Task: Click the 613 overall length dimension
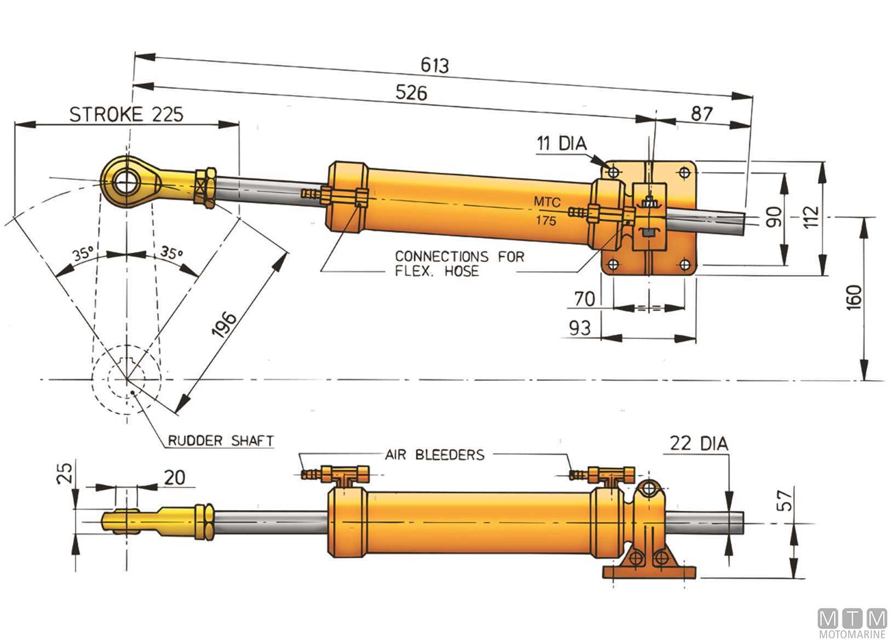click(x=435, y=65)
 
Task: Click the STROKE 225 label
click(x=127, y=115)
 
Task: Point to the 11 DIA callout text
click(x=561, y=144)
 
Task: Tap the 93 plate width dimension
click(x=580, y=328)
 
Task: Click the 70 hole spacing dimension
click(x=584, y=299)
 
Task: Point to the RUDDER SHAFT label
click(x=220, y=440)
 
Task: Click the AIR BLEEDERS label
click(x=435, y=454)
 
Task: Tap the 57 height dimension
click(x=786, y=500)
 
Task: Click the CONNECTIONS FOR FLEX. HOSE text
click(x=459, y=264)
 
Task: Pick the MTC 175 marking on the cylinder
click(x=547, y=211)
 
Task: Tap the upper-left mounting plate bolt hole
click(x=613, y=172)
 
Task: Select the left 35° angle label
click(x=82, y=255)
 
